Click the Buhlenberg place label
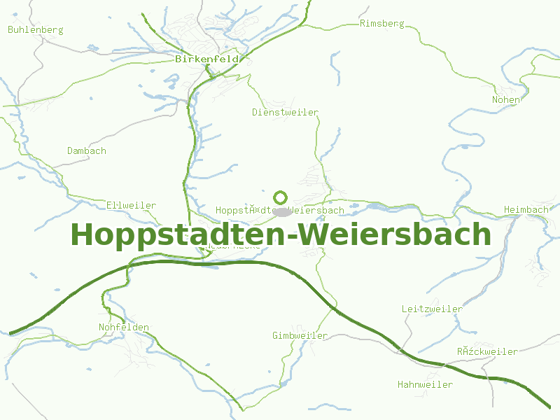[x=36, y=30]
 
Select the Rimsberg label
[x=382, y=24]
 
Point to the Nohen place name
[x=506, y=99]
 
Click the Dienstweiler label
[x=286, y=112]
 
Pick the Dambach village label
[x=87, y=151]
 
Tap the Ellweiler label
[x=132, y=206]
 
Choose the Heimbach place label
[x=526, y=210]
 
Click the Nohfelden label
[x=124, y=328]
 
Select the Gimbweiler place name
[x=300, y=336]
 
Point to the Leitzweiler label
[x=432, y=309]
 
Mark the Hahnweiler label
[x=425, y=385]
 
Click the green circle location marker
[x=281, y=197]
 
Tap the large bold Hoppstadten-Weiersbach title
[x=281, y=234]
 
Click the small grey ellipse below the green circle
[x=281, y=211]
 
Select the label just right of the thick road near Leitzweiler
[x=488, y=352]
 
